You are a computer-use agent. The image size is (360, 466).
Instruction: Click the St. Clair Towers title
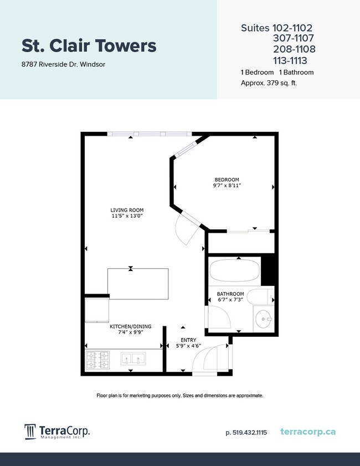click(89, 45)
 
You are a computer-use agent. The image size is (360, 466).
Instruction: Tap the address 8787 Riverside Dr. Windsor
click(63, 64)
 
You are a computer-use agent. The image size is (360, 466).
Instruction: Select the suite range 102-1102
click(293, 28)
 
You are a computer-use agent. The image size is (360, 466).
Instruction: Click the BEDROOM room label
click(227, 180)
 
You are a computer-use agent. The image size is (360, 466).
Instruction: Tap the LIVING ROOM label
click(127, 210)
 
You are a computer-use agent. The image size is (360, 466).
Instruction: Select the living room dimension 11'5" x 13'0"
click(127, 217)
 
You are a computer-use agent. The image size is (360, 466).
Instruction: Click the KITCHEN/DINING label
click(130, 327)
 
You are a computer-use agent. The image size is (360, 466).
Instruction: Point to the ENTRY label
click(188, 340)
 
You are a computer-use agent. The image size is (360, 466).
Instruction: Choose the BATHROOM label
click(230, 294)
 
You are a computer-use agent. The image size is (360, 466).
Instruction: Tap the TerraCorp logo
click(57, 432)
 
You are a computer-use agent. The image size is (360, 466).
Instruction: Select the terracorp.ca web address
click(308, 432)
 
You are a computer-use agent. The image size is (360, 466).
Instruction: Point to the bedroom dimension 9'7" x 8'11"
click(227, 186)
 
